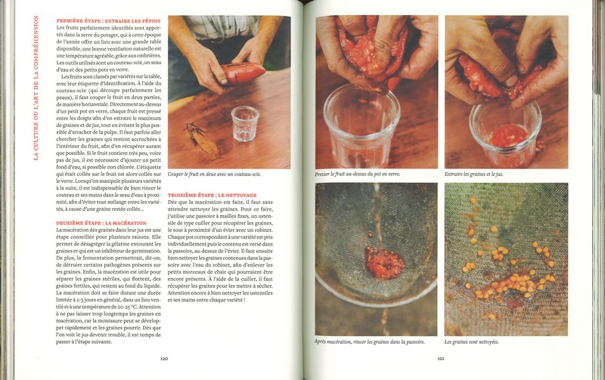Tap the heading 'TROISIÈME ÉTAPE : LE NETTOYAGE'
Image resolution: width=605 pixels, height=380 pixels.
point(211,194)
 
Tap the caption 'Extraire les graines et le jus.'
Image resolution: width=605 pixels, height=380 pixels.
point(476,174)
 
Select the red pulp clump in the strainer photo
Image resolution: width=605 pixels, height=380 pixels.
point(366,262)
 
